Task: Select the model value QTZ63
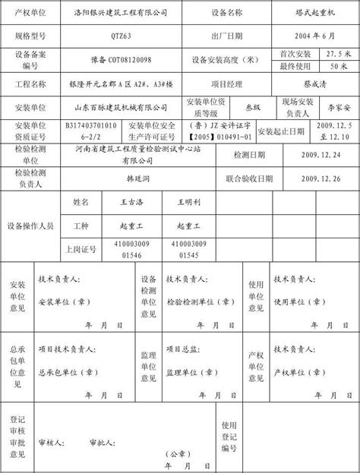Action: [123, 36]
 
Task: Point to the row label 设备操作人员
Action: [30, 226]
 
